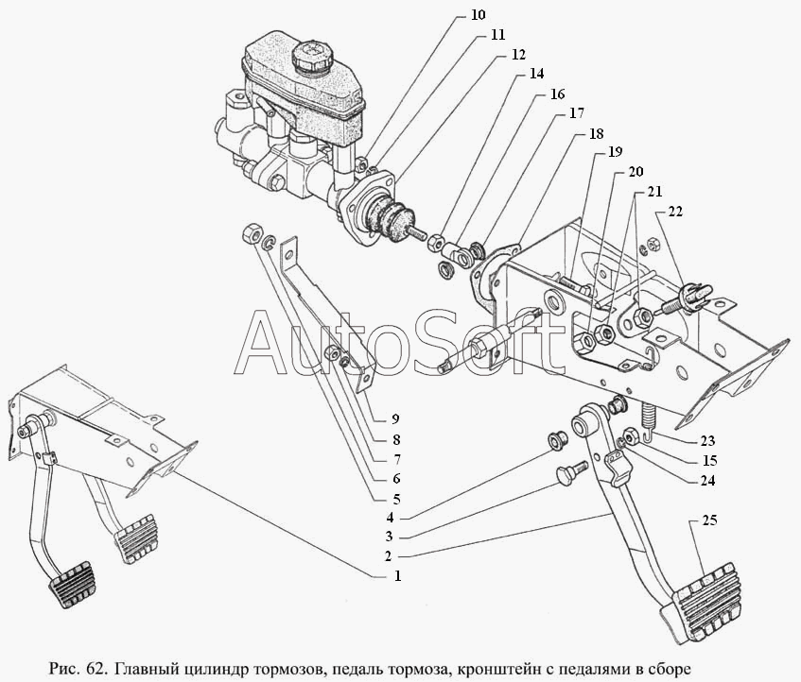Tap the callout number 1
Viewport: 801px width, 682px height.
[397, 574]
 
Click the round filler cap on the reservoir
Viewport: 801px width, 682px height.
[311, 56]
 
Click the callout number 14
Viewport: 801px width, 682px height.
[536, 73]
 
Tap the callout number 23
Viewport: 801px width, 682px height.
[708, 441]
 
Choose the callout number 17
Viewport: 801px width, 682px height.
[576, 113]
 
